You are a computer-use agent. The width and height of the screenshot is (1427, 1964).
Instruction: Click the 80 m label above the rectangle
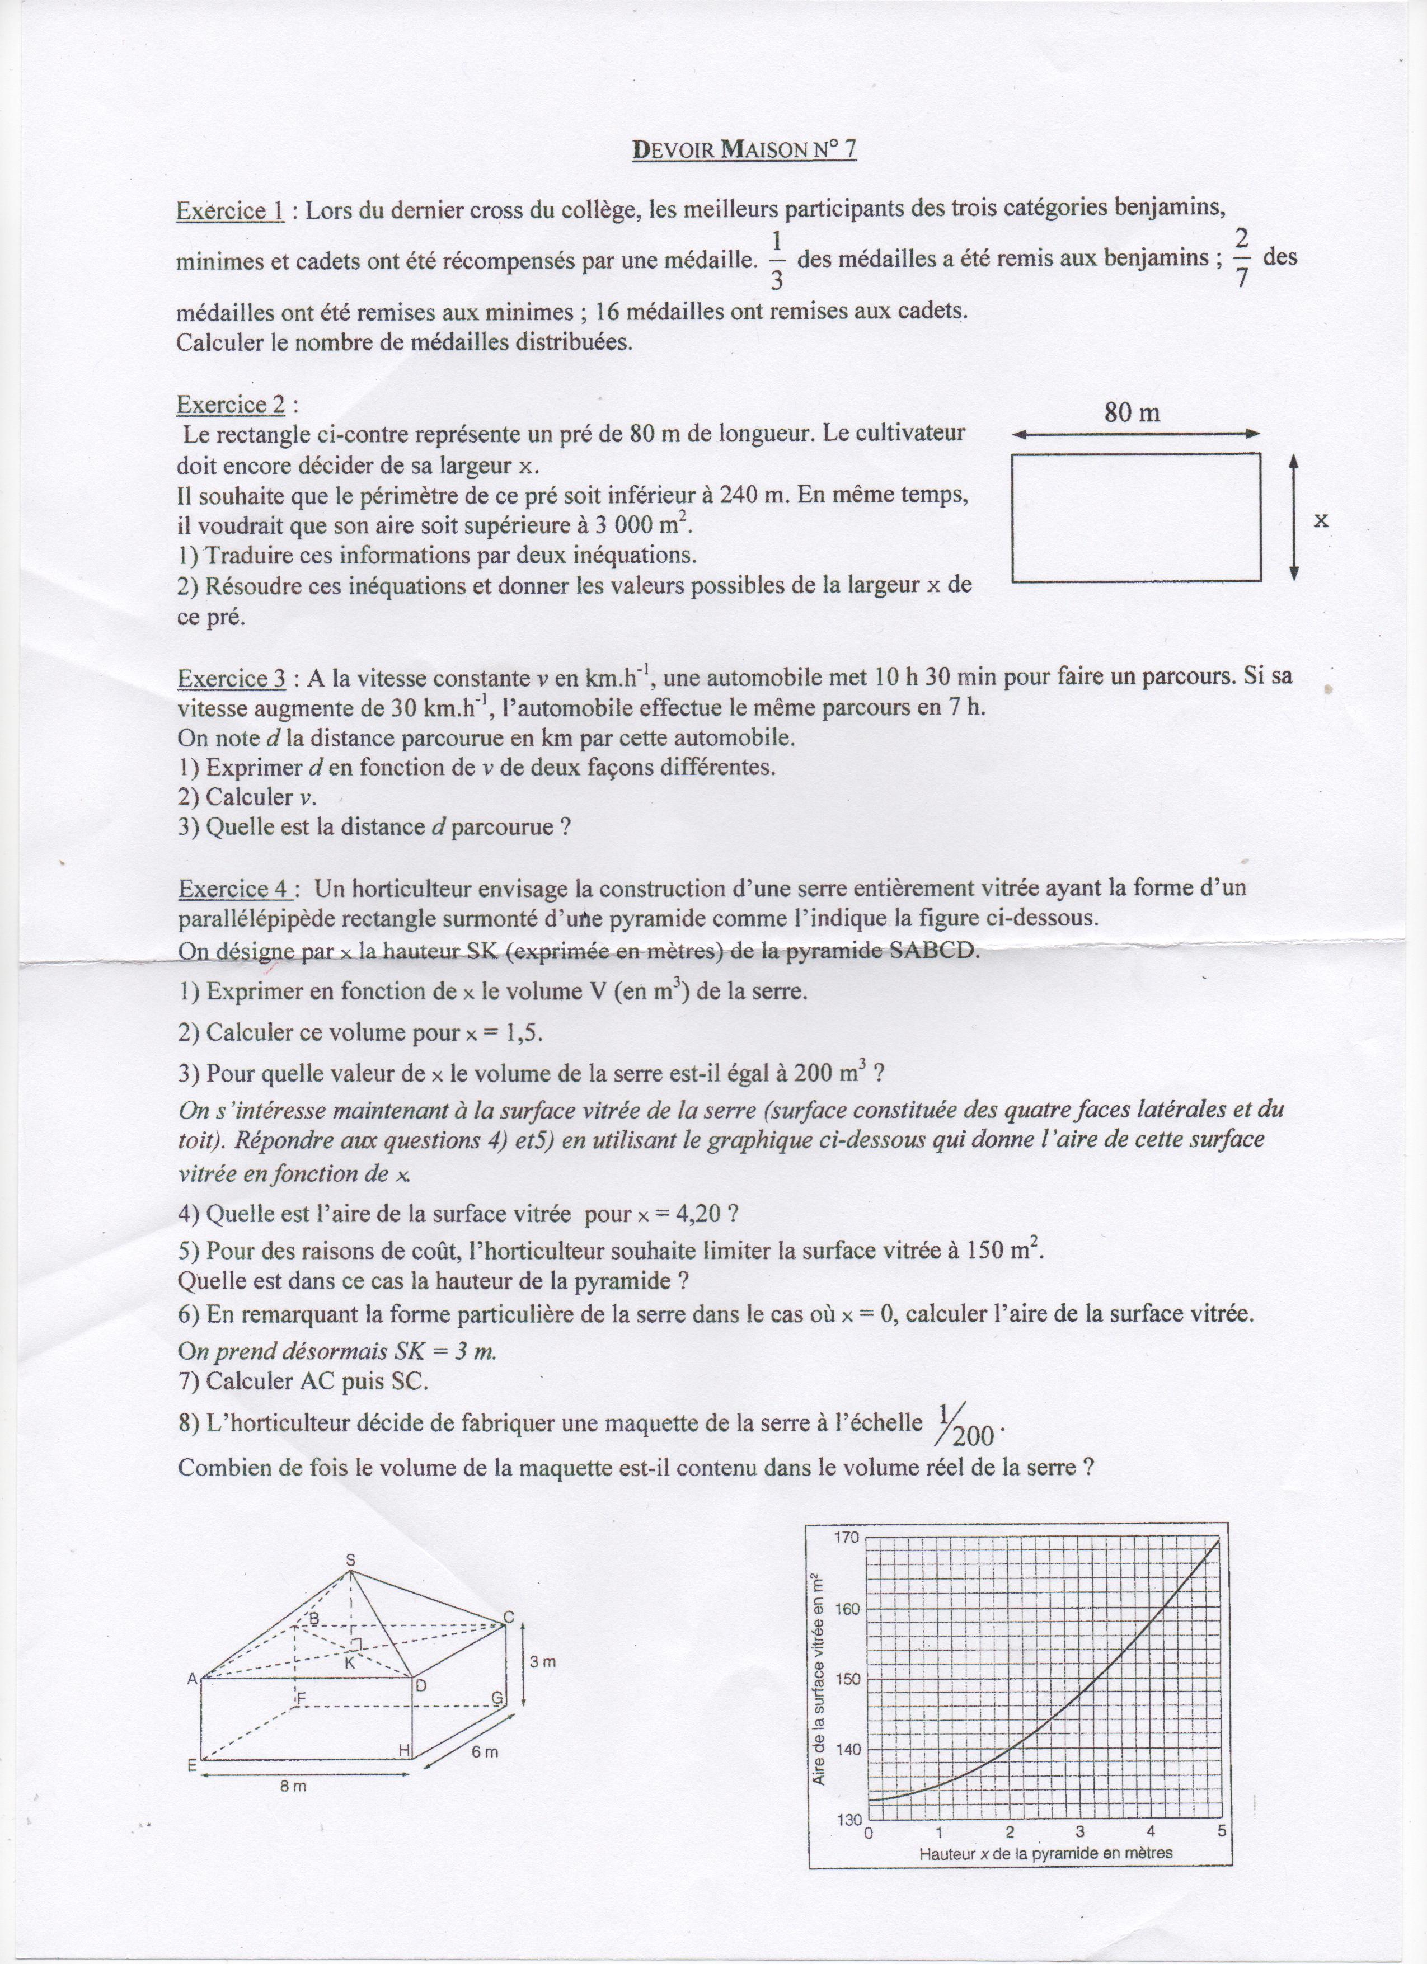(1132, 412)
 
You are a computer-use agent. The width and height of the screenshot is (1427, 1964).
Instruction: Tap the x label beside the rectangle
(1321, 520)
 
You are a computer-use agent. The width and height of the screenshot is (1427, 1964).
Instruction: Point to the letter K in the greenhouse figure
(350, 1662)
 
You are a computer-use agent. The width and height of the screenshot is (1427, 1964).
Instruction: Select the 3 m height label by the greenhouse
(543, 1662)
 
